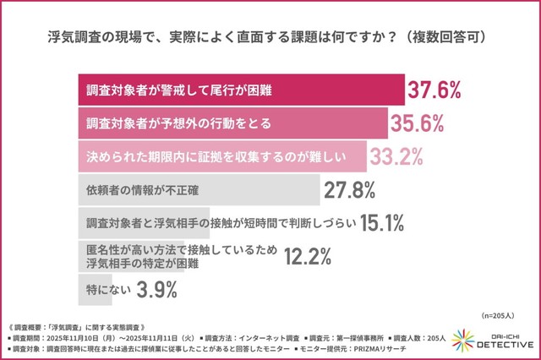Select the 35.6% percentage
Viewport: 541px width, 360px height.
pyautogui.click(x=417, y=123)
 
